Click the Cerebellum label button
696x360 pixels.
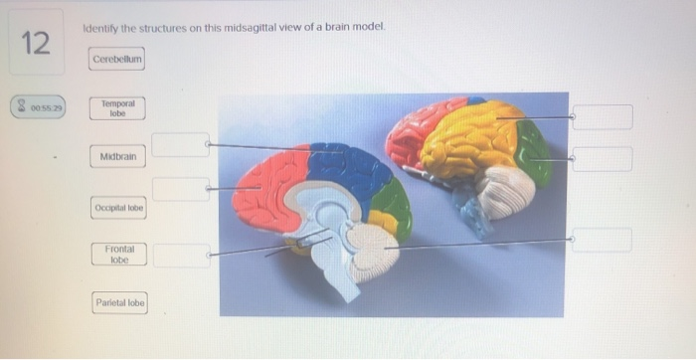coord(118,60)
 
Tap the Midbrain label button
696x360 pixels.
coord(118,157)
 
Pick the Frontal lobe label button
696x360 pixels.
coord(118,255)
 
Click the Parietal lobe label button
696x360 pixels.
coord(119,302)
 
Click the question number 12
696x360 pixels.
coord(35,43)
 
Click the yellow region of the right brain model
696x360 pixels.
coord(467,139)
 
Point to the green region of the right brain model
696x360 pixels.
coord(535,151)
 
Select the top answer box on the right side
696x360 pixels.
coord(603,117)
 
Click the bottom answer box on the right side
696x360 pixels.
coord(602,240)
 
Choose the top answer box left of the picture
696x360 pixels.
coord(181,145)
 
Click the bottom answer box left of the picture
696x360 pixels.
coord(181,256)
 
